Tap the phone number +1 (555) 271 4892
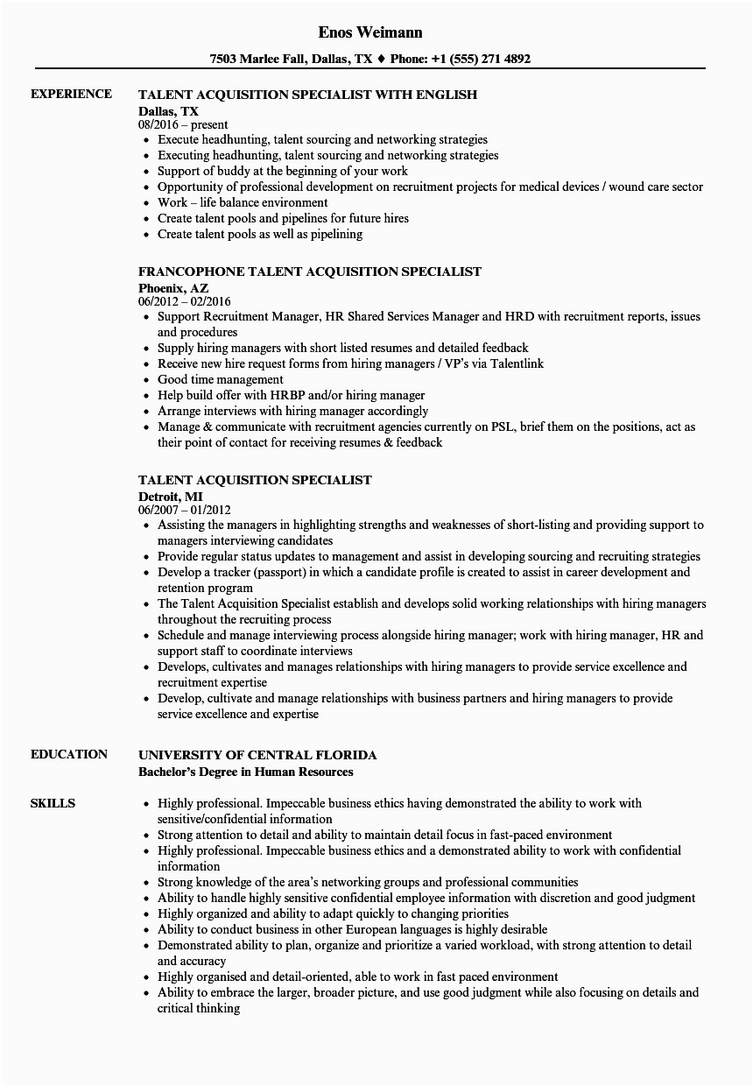tap(483, 60)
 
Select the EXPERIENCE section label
tap(71, 94)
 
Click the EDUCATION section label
tap(69, 754)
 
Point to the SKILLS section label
tap(53, 803)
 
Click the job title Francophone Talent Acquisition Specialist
tap(310, 271)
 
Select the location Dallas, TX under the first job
tap(168, 111)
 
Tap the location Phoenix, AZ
tap(173, 287)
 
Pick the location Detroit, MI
tap(170, 496)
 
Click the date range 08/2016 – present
tap(183, 125)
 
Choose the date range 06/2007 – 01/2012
tap(185, 510)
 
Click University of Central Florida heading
tap(257, 754)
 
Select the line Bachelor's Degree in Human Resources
tap(246, 772)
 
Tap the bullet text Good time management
tap(221, 379)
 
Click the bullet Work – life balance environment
tap(231, 202)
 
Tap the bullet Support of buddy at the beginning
tap(282, 171)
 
